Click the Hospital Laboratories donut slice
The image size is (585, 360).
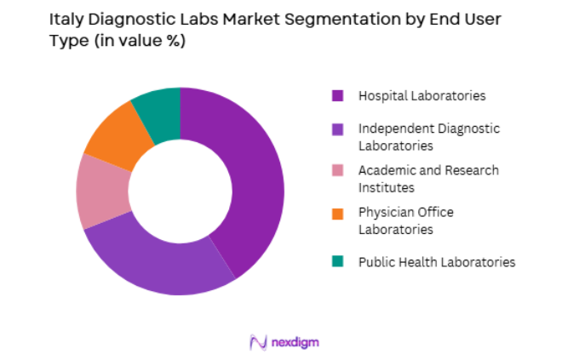255,179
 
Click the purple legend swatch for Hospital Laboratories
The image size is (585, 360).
337,96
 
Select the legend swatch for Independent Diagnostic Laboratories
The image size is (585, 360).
337,129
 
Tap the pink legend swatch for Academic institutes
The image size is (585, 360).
337,170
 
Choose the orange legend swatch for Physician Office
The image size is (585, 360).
337,212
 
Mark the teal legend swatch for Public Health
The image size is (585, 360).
337,261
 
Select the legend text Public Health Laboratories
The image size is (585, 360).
436,262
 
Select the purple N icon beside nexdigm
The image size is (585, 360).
258,342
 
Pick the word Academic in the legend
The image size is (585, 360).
387,170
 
